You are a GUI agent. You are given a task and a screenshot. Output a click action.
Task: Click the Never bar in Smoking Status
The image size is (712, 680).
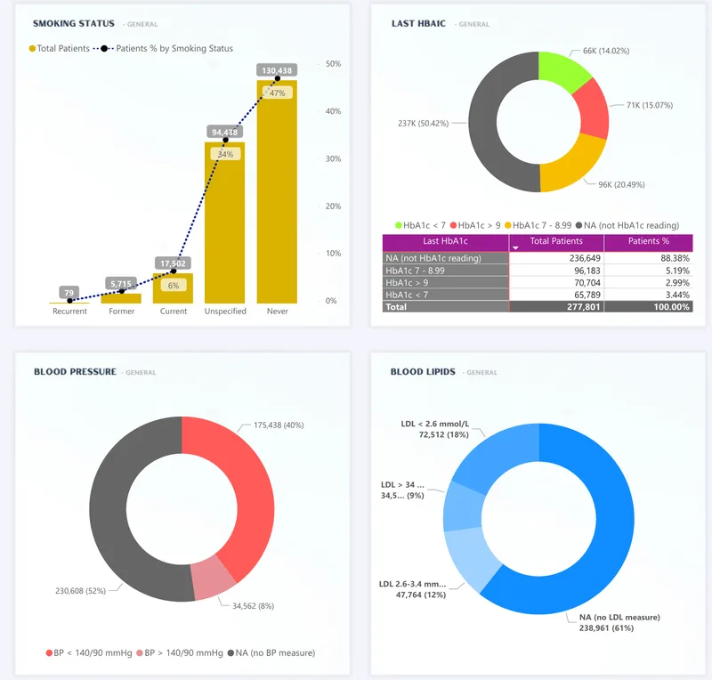point(277,191)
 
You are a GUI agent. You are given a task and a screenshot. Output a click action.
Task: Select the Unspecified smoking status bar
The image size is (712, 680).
point(225,223)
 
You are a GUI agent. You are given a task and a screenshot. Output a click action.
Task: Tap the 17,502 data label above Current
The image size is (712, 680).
point(173,263)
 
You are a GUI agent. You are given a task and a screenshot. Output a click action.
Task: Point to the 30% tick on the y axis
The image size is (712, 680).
point(333,158)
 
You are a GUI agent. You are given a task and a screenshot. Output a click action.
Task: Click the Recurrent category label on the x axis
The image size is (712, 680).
point(69,312)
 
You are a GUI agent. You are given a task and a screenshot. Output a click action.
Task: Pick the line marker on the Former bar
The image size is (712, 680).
point(122,291)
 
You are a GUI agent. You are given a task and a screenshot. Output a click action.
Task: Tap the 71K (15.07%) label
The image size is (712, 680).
point(650,105)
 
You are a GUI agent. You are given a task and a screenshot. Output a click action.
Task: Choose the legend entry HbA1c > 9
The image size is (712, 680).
point(475,225)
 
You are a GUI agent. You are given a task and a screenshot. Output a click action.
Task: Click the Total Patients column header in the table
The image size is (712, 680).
point(556,241)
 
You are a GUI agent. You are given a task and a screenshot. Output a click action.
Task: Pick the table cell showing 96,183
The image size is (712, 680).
point(556,271)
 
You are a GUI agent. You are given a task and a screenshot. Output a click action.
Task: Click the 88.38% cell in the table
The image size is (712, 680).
point(649,258)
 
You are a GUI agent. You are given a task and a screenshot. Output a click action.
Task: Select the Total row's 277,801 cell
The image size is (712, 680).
point(556,307)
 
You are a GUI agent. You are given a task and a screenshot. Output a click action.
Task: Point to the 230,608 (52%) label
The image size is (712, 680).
point(80,591)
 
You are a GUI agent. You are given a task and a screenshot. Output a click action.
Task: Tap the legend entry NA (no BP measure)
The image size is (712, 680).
point(271,652)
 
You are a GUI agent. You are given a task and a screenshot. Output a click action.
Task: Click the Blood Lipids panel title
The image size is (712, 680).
point(423,371)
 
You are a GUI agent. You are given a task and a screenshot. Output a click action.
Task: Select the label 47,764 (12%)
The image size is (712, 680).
point(421,595)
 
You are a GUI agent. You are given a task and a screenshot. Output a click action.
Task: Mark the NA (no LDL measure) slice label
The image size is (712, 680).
point(619,623)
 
